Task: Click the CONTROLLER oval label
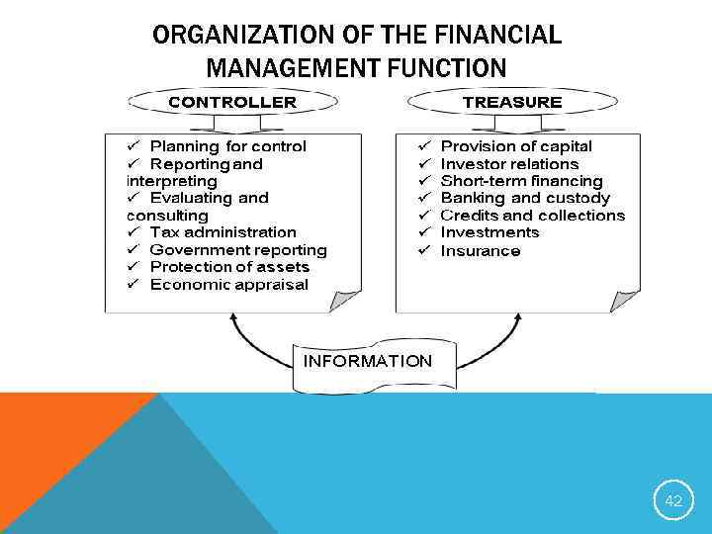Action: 231,102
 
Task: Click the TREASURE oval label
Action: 511,102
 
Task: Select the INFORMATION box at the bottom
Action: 367,362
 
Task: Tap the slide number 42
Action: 673,501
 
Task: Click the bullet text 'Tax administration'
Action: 222,232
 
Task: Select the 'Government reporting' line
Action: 237,250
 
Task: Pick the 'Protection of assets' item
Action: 229,267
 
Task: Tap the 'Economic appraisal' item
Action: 228,285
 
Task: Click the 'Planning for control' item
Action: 227,146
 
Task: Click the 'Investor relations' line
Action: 509,164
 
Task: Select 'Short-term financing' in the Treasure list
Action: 521,181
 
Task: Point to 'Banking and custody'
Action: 525,198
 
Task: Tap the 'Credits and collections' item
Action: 533,216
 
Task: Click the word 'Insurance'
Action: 480,251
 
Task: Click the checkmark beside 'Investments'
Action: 422,232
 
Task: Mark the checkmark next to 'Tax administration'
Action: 133,232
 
